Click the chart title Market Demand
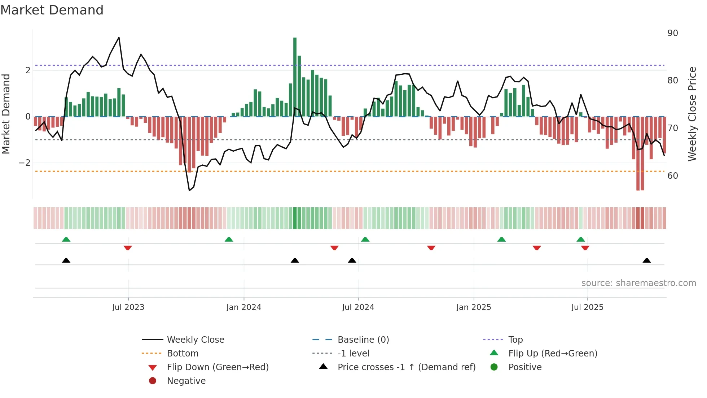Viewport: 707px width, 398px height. pos(52,10)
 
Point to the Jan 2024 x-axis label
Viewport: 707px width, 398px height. pos(243,307)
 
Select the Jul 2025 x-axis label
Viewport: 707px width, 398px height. pos(587,307)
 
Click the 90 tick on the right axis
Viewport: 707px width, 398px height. pos(672,33)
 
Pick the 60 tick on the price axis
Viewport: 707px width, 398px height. pos(672,176)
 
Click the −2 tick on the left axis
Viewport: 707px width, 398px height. pos(25,163)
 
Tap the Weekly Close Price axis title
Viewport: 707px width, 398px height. pos(692,114)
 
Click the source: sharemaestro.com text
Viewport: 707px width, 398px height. pos(638,283)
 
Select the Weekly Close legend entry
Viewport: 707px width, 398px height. pos(195,340)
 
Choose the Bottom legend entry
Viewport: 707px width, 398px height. pos(183,354)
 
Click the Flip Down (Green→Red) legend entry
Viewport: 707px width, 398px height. pos(218,367)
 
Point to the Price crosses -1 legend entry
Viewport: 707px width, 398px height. pos(406,367)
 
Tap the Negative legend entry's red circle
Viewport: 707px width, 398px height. pos(153,381)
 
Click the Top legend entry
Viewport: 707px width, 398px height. pos(515,340)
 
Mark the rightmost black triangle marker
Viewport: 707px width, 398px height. pos(646,261)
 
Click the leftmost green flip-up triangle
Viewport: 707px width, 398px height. pos(66,239)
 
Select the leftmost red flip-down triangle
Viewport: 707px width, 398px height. pos(128,248)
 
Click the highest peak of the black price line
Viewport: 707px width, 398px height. pos(119,38)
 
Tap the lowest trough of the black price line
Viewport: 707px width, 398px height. pos(189,190)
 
